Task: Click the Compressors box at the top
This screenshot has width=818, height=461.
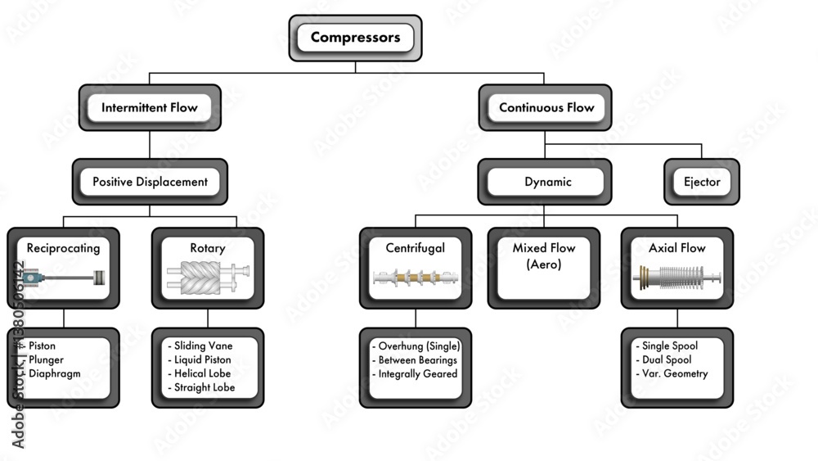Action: coord(355,38)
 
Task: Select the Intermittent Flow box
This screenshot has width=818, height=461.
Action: coord(149,107)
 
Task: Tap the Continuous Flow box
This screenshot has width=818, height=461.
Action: coord(546,107)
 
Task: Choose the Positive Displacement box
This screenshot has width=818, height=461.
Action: coord(149,182)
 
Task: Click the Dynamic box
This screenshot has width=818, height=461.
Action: coord(547,182)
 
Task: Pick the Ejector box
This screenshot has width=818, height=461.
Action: coord(701,182)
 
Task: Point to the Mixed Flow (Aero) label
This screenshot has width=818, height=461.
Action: coord(544,255)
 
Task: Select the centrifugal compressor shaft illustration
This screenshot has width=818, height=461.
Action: coord(415,278)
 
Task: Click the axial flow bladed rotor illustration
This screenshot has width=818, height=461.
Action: coord(676,278)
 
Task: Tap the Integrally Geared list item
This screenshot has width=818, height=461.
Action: coord(416,373)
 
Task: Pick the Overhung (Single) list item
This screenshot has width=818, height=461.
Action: coord(418,346)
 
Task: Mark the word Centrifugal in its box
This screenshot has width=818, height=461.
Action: coord(415,247)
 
